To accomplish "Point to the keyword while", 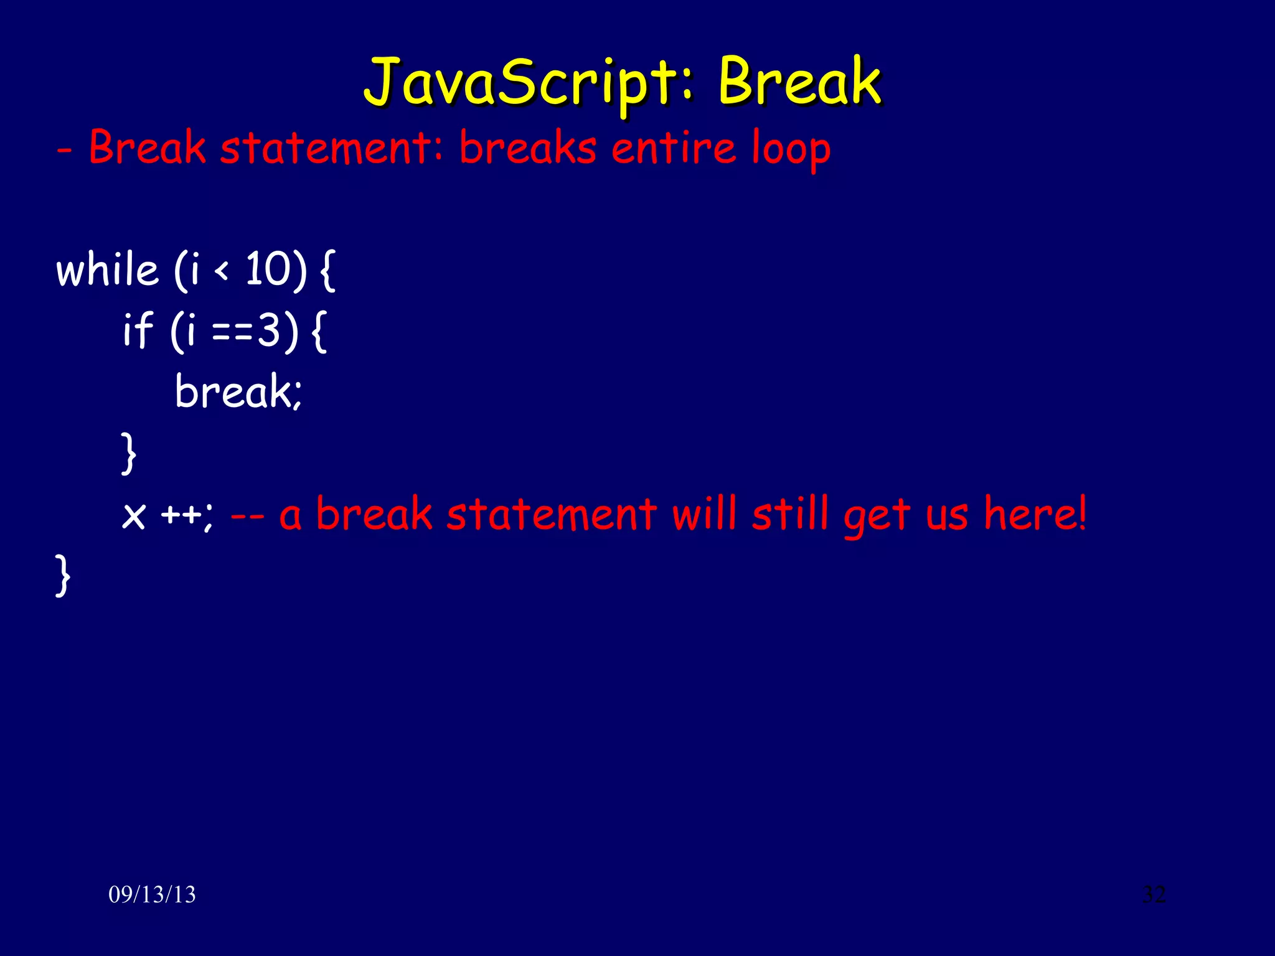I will [107, 270].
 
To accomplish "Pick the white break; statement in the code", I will [238, 391].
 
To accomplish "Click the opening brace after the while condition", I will [327, 271].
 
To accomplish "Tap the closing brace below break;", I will [128, 454].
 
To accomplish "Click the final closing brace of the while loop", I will [62, 576].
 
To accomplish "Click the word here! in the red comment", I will [1035, 514].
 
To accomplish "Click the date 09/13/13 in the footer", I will [152, 895].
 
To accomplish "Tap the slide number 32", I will [1154, 894].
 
